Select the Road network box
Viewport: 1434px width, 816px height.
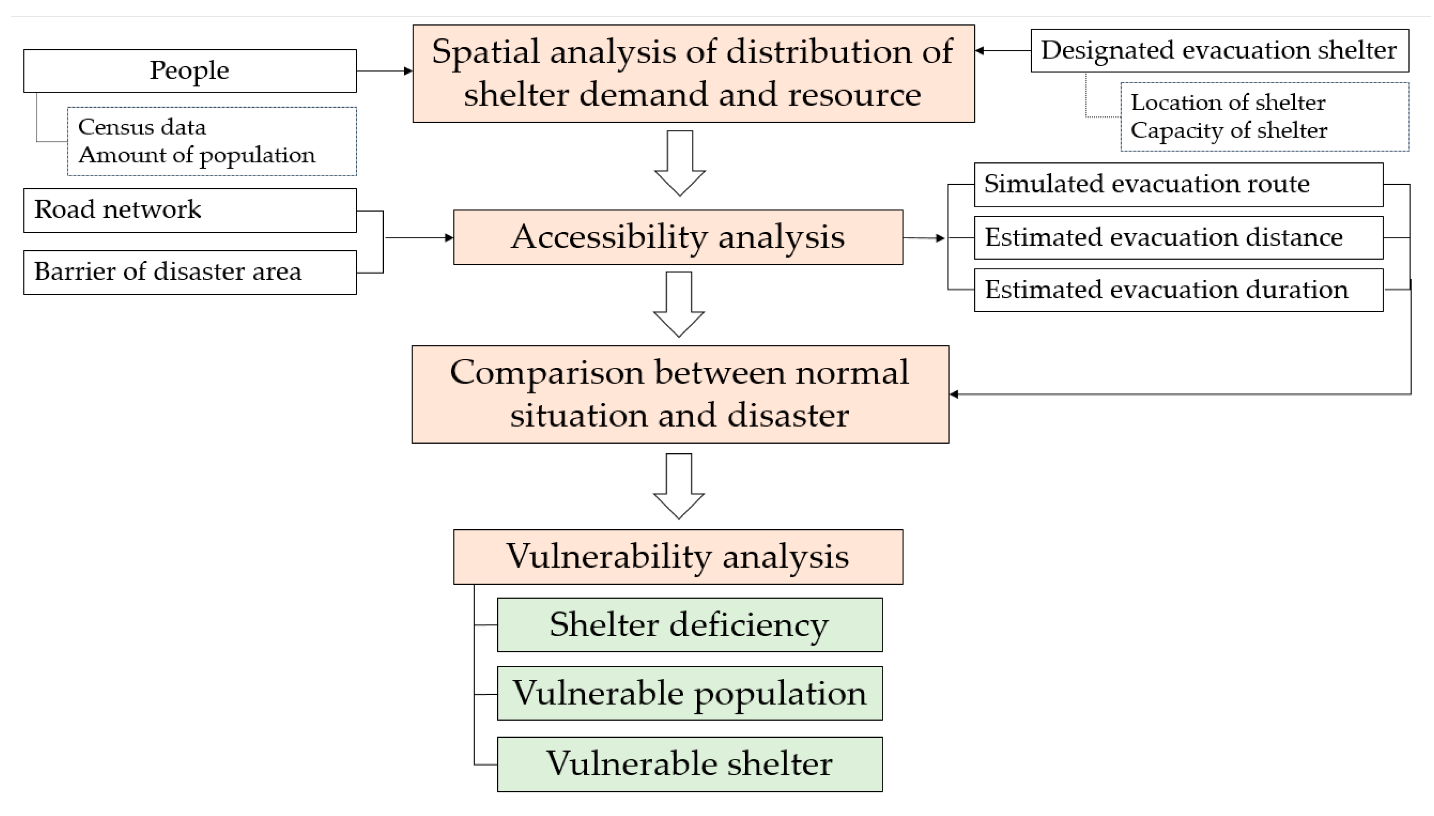click(x=190, y=210)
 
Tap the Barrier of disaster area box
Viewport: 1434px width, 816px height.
click(x=190, y=272)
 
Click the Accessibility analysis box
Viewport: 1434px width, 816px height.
click(x=678, y=237)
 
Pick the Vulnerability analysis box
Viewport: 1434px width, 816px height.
click(x=678, y=556)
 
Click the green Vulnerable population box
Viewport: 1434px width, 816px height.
click(x=689, y=693)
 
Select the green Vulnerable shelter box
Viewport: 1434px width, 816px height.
click(x=689, y=764)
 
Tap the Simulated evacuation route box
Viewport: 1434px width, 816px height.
click(x=1178, y=184)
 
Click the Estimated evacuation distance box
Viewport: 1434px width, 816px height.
click(x=1178, y=238)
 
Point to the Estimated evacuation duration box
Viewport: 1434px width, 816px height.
click(x=1178, y=290)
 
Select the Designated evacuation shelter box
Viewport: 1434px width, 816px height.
click(x=1219, y=50)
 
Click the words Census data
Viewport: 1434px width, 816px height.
click(x=142, y=127)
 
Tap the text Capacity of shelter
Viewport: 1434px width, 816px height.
click(x=1228, y=131)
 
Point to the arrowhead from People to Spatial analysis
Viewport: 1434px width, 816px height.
click(x=408, y=71)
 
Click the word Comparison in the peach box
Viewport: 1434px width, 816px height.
click(x=546, y=373)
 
